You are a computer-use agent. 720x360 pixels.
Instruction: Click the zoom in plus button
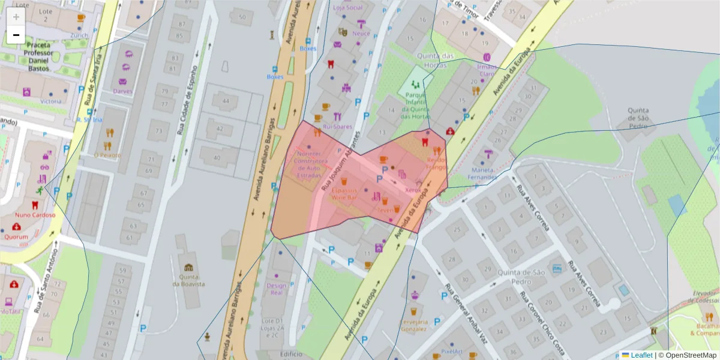(16, 17)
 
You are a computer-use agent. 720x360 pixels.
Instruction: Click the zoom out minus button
(16, 35)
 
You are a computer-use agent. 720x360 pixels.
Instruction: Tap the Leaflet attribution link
(641, 355)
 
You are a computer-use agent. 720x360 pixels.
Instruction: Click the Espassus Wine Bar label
(344, 193)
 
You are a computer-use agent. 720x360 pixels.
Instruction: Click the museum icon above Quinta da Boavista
(189, 267)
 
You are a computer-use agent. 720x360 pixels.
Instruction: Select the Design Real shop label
(276, 290)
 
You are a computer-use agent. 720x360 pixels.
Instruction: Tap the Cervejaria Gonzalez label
(413, 325)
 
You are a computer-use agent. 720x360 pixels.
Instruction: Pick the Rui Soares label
(337, 127)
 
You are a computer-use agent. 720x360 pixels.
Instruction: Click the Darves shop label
(122, 91)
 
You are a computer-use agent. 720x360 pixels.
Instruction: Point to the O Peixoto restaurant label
(107, 155)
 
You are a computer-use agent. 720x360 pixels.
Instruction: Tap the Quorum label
(16, 236)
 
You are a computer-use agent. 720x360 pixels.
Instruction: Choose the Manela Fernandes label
(484, 173)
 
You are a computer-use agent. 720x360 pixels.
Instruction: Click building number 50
(242, 17)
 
